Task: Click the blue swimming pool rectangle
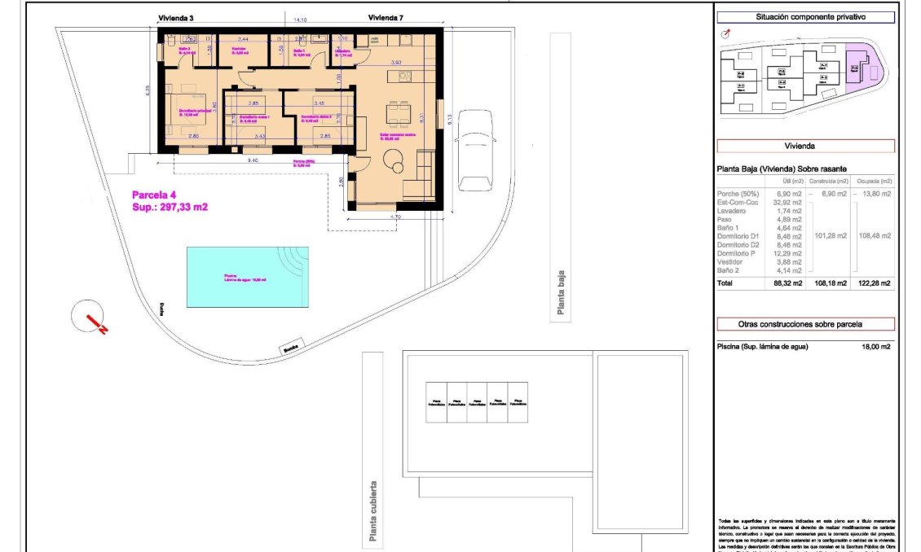tap(248, 277)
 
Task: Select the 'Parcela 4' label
tap(154, 195)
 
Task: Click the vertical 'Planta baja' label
tap(560, 294)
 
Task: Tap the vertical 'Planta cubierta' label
tap(372, 510)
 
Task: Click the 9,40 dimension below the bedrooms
tap(254, 160)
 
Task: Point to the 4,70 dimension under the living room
tap(396, 217)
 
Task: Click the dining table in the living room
tap(398, 112)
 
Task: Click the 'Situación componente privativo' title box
tap(804, 16)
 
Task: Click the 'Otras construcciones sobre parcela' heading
tap(804, 324)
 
